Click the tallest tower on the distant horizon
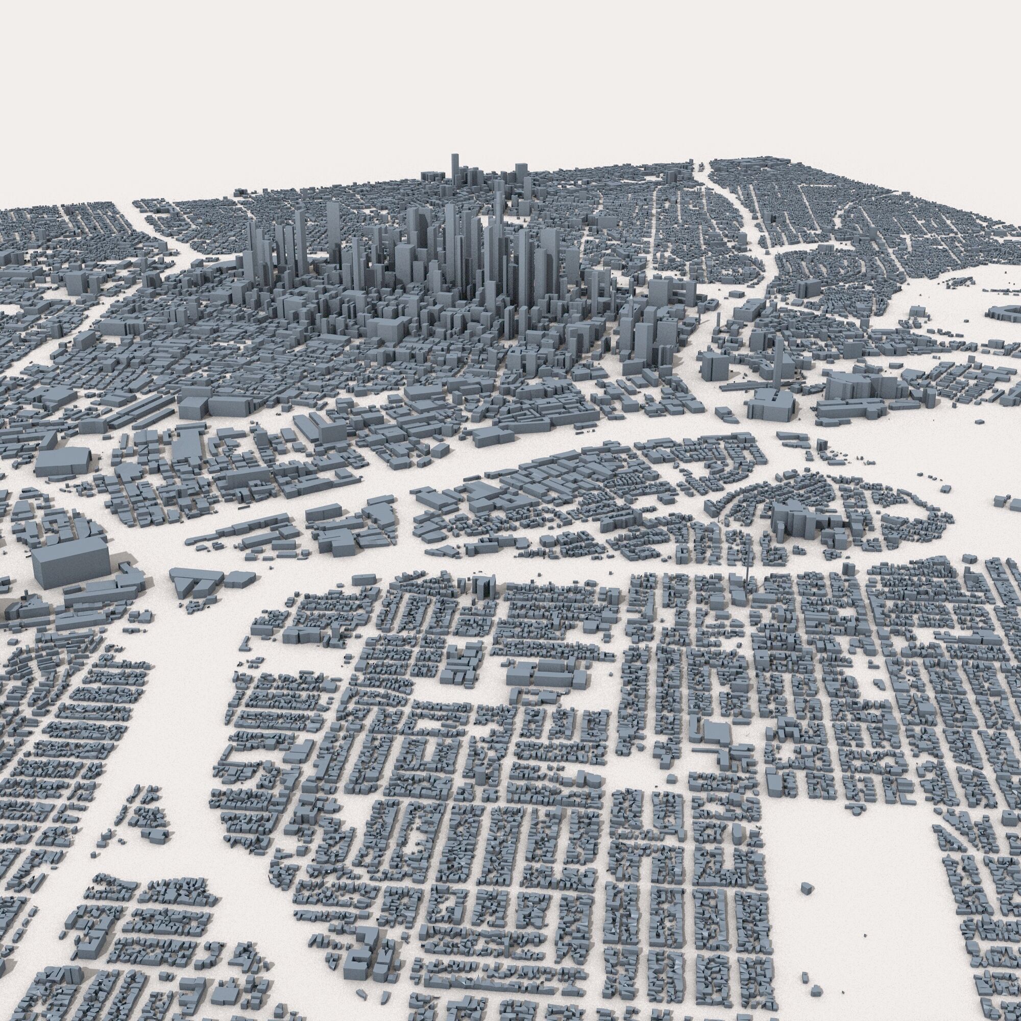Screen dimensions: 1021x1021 pos(454,169)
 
